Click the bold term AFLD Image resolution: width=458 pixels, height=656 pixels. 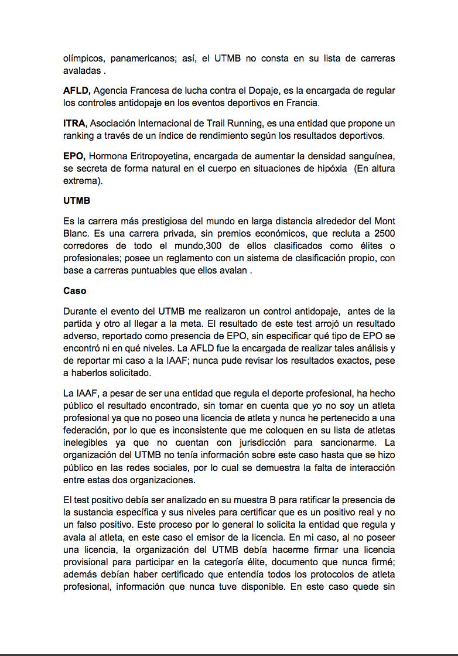click(76, 91)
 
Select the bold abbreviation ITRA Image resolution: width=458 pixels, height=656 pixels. click(74, 124)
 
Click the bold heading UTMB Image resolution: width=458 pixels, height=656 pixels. click(77, 200)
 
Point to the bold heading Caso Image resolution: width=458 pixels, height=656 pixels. click(74, 291)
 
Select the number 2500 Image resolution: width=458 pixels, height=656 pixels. click(384, 233)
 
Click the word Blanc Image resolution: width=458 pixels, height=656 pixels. click(75, 233)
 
